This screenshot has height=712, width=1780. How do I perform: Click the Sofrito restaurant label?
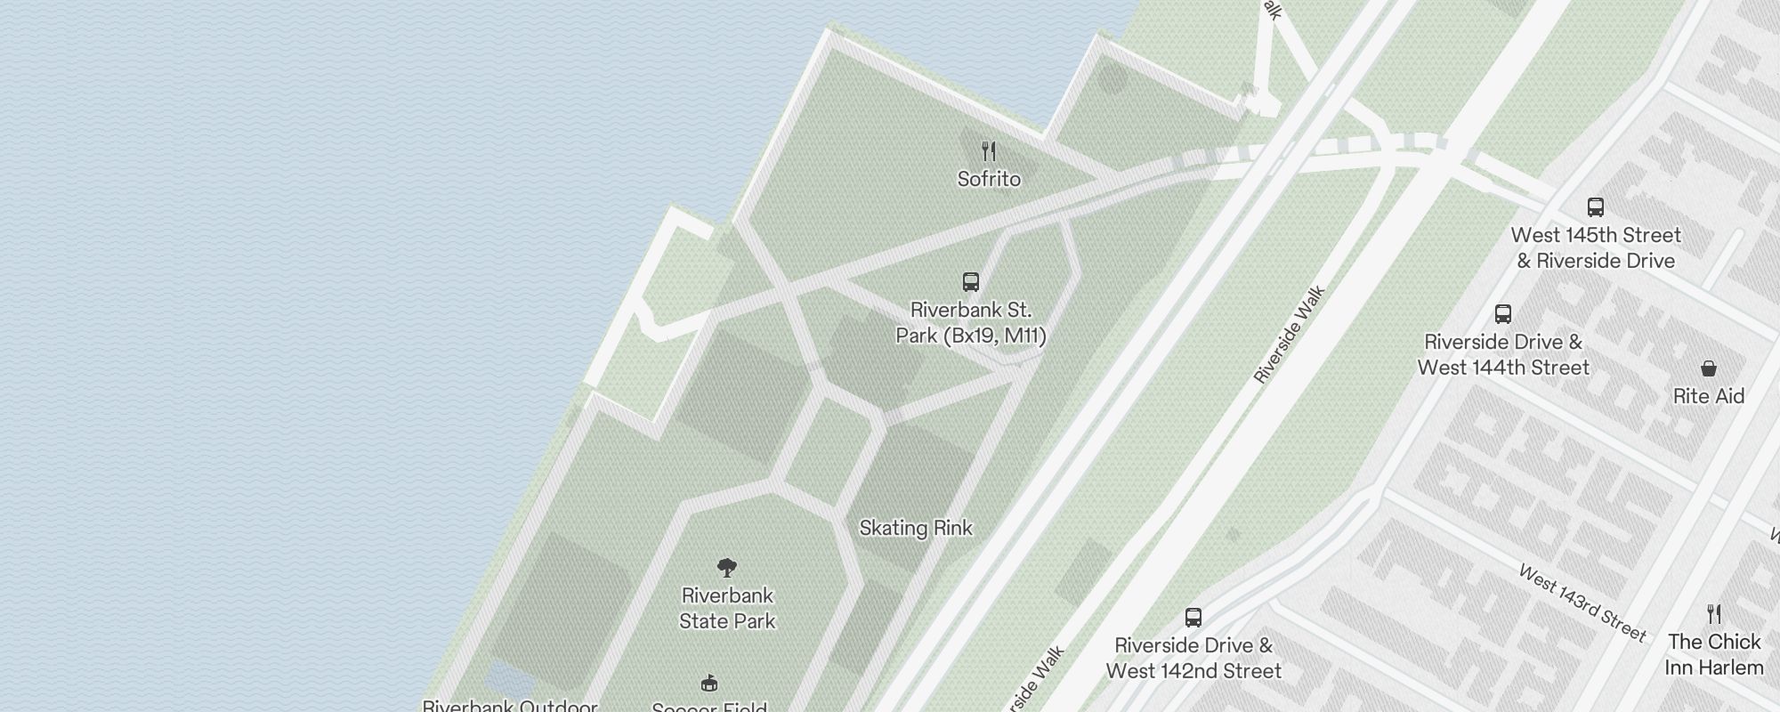coord(989,179)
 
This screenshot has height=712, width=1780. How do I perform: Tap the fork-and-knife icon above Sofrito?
coord(989,151)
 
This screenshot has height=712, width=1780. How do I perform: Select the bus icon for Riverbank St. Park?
coord(971,282)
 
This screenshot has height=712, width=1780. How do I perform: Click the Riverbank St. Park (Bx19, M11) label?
coord(971,322)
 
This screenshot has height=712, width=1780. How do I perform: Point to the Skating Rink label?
coord(916,528)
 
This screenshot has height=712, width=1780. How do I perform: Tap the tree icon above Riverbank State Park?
coord(727,568)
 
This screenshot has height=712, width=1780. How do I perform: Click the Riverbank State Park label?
coord(727,608)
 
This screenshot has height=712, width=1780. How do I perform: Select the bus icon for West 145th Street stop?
coord(1596,207)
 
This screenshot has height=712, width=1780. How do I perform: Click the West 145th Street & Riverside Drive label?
coord(1596,247)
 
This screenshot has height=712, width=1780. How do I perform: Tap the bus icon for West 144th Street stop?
coord(1503,314)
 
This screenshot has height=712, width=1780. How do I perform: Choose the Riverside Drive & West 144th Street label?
coord(1503,354)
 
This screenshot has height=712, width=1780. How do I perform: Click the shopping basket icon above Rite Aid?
coord(1709,368)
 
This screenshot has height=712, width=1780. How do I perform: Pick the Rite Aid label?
coord(1709,396)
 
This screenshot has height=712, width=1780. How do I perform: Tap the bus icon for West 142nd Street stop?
coord(1193,618)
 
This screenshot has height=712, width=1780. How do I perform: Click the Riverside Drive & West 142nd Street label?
coord(1193,658)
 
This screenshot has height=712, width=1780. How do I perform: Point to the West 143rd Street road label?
coord(1582,603)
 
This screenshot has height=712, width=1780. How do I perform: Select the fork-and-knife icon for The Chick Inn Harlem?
coord(1714,614)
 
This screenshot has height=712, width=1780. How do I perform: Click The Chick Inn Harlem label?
coord(1714,654)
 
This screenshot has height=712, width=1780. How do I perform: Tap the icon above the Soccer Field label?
coord(709,684)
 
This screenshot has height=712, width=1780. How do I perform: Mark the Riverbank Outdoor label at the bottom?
coord(509,706)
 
